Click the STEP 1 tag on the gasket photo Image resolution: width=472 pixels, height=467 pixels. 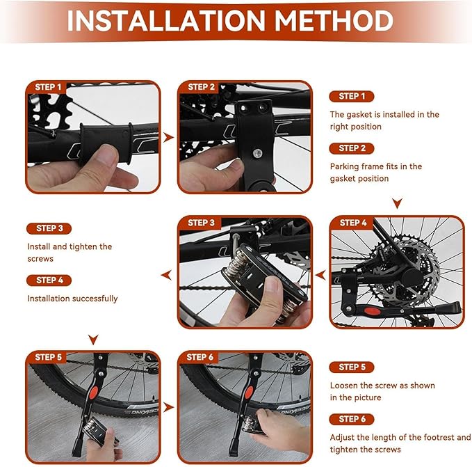tap(48, 87)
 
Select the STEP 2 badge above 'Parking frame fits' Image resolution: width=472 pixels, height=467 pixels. tap(352, 148)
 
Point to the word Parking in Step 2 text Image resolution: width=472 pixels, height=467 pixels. tap(344, 166)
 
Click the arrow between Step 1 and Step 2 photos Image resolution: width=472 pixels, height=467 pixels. tap(168, 138)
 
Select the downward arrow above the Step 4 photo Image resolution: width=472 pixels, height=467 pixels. tap(398, 203)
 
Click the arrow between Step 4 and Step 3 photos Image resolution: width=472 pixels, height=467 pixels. tap(320, 275)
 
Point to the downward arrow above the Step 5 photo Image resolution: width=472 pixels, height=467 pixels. tap(93, 340)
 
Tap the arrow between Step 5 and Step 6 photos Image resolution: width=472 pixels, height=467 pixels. tap(168, 407)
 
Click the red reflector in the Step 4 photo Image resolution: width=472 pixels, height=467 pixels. tap(372, 311)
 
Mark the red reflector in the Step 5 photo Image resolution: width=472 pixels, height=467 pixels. tap(94, 392)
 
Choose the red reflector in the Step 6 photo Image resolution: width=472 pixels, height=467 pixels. tap(249, 392)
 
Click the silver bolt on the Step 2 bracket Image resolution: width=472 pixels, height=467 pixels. tap(257, 154)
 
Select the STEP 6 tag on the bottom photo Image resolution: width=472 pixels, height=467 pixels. tap(200, 357)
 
